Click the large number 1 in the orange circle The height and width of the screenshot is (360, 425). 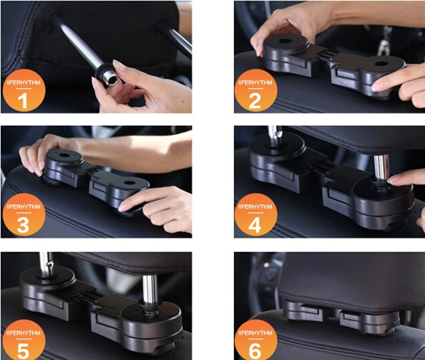coord(23,101)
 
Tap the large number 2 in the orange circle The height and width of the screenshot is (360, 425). coord(255,101)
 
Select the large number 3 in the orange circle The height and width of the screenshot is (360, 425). coord(23,225)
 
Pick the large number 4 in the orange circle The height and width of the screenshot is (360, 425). coord(255,225)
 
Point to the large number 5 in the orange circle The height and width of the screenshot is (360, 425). coord(23,351)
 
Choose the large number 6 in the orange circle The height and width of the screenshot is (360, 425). coord(255,351)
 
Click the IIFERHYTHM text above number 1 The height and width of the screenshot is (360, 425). coord(23,82)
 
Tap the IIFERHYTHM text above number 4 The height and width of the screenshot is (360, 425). coord(256,207)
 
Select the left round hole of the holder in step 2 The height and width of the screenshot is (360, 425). coord(285,41)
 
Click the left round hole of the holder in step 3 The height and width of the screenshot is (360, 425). coord(64,156)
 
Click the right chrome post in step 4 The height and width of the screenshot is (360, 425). coord(381,168)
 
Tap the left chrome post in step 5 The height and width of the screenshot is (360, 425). coord(46,263)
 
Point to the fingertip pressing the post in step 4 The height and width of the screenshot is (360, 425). coord(392,180)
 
